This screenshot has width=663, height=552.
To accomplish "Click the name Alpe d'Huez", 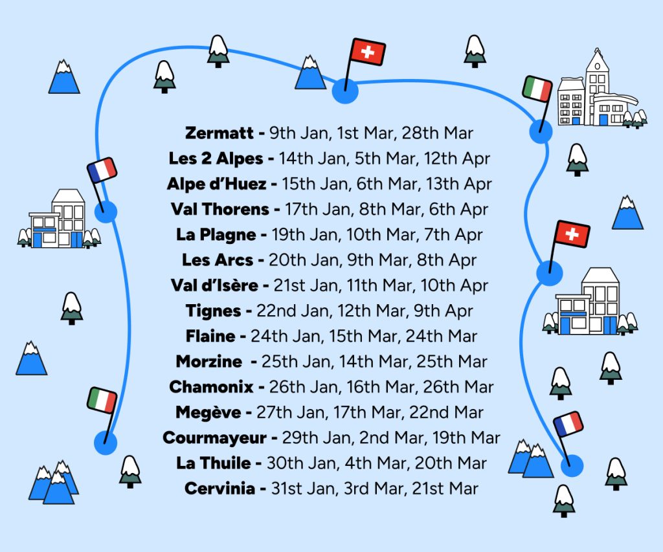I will pyautogui.click(x=216, y=184).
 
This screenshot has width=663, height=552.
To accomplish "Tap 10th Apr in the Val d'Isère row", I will pyautogui.click(x=454, y=285).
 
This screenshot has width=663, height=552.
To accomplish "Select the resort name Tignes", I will pyautogui.click(x=214, y=311).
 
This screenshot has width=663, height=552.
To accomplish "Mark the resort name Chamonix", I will pyautogui.click(x=212, y=387).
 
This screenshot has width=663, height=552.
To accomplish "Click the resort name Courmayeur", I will pyautogui.click(x=215, y=437).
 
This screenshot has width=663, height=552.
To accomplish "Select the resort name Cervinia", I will pyautogui.click(x=219, y=489).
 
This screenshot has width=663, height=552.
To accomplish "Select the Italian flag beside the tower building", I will pyautogui.click(x=537, y=89).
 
